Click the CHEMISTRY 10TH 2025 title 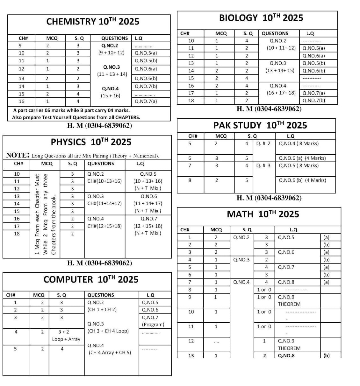(x=93, y=21)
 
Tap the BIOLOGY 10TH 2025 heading (x=261, y=18)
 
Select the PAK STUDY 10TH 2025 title (x=260, y=125)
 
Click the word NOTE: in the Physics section (x=18, y=155)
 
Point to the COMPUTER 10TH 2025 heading (x=91, y=279)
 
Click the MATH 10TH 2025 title (x=263, y=214)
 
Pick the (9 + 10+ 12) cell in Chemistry (x=111, y=53)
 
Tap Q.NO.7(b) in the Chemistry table (x=146, y=86)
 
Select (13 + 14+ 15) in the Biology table (x=280, y=71)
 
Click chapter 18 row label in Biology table (x=191, y=101)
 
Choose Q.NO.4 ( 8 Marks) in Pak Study (x=299, y=144)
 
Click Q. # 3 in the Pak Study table (x=263, y=165)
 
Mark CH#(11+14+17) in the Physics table (x=104, y=203)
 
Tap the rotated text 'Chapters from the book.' (x=54, y=225)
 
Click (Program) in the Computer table (x=153, y=325)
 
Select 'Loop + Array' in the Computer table (x=66, y=339)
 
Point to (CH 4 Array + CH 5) (x=110, y=353)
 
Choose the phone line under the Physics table (x=99, y=263)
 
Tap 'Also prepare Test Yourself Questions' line (x=76, y=117)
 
